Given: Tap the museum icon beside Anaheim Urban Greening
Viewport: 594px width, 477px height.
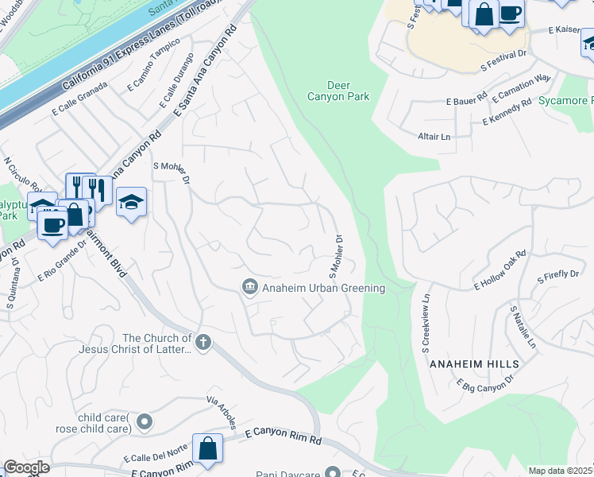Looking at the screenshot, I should coord(249,287).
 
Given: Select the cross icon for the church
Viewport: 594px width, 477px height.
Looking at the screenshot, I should coord(203,343).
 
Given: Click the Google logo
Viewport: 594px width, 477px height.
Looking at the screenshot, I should coord(25,467).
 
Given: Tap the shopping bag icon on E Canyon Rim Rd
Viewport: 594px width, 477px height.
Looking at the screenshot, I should coord(207,448).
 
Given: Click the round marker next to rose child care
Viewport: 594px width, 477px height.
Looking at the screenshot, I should coord(144,421).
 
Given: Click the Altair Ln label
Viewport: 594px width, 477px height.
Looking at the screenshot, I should coord(434,137).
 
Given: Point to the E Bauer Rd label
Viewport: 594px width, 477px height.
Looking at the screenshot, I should coord(465,102).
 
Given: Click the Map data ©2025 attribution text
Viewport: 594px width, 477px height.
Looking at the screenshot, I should coord(561,471).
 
